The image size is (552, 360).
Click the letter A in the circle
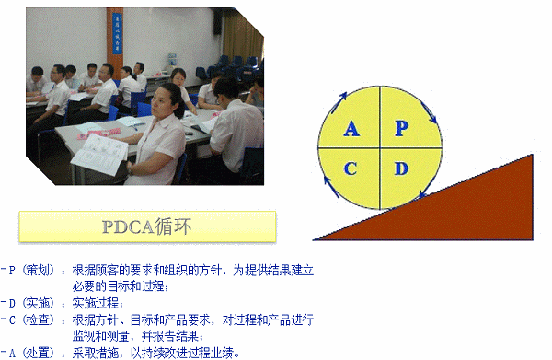[351, 129]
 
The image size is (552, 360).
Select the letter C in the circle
[351, 168]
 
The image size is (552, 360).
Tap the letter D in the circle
[400, 168]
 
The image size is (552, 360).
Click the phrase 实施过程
[95, 303]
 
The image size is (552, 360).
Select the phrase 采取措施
[95, 352]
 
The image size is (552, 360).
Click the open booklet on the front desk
[98, 154]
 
